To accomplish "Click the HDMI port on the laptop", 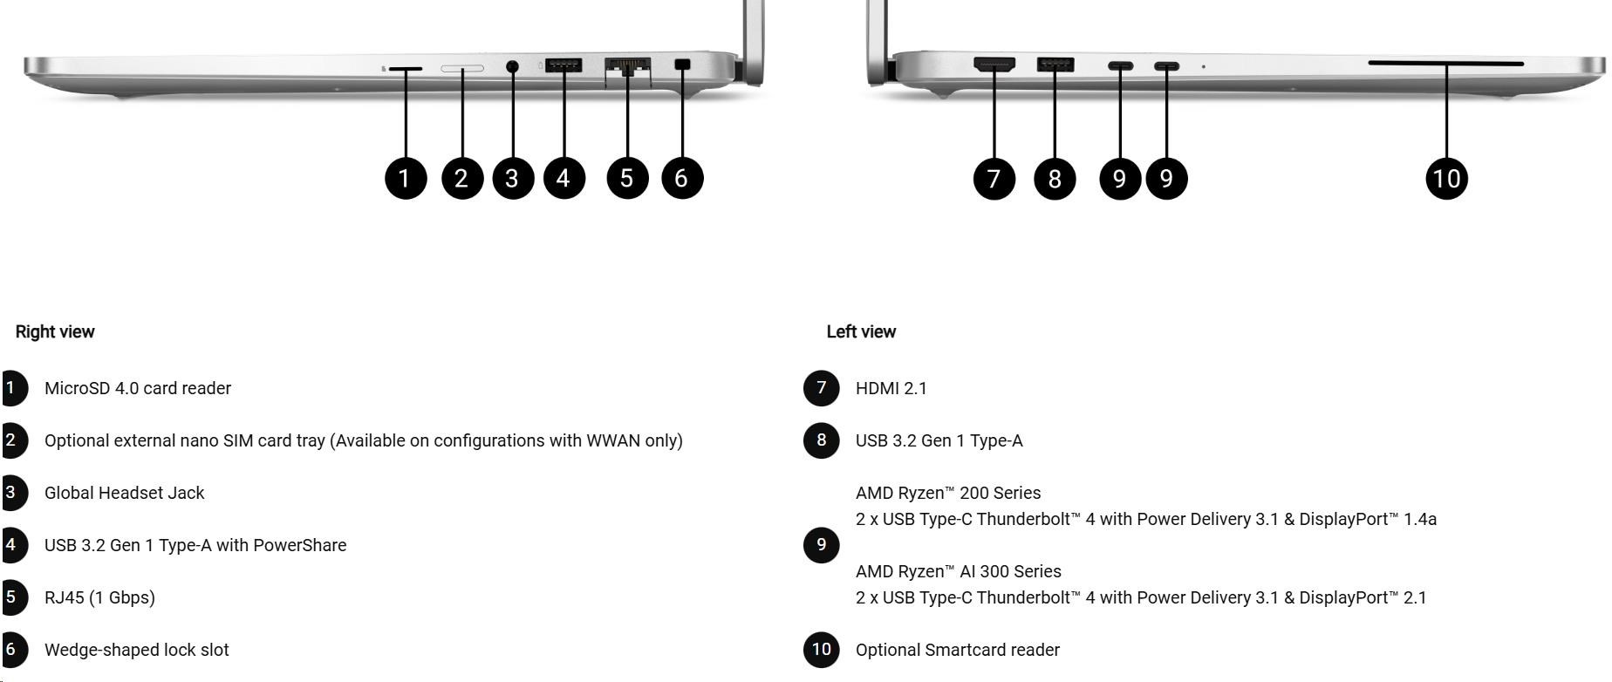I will point(994,64).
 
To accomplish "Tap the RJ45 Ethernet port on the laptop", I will point(627,67).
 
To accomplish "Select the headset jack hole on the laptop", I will point(512,65).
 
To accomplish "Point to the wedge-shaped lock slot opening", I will point(682,64).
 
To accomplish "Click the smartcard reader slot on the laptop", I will point(1445,63).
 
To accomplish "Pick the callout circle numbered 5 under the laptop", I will point(627,178).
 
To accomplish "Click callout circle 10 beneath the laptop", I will point(1446,179).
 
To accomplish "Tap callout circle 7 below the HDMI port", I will point(994,179).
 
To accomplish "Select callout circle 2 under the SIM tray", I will point(462,178).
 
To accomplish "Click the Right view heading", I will point(55,331).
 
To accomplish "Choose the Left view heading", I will point(861,331).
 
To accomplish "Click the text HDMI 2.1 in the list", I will point(891,388).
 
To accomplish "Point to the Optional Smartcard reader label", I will point(957,650).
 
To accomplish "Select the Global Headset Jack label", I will point(124,493).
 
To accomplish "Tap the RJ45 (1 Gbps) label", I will point(99,597).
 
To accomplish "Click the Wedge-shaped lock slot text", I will point(136,650).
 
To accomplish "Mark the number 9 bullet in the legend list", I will point(821,545).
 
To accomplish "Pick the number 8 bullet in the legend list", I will point(821,440).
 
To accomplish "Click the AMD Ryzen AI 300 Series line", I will point(958,571).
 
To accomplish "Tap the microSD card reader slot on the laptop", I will point(405,67).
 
